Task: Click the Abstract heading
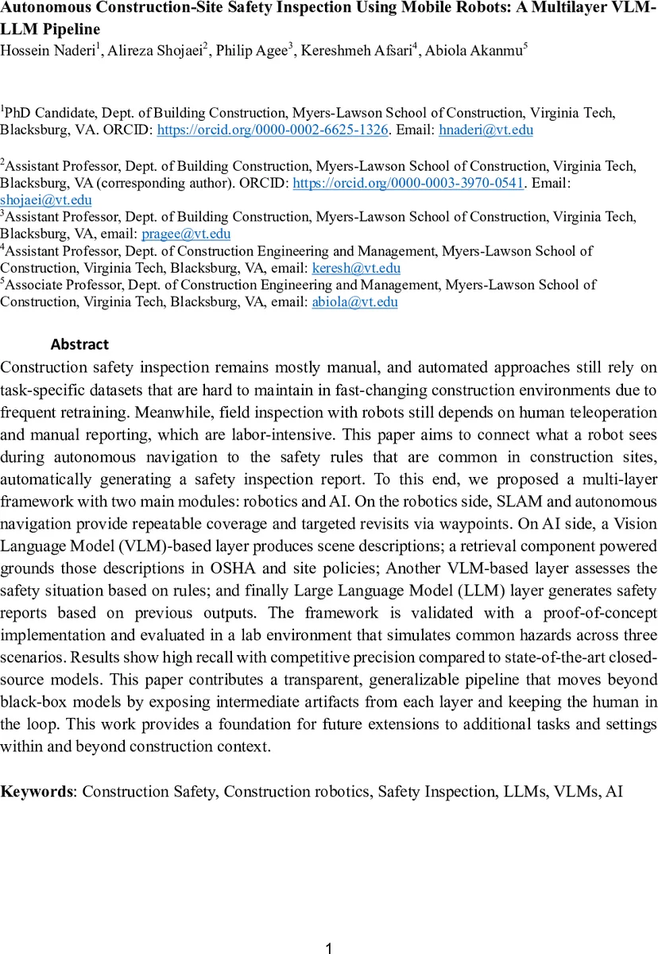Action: [x=79, y=345]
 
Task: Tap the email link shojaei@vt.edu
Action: [x=45, y=200]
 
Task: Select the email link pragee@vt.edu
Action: [x=186, y=234]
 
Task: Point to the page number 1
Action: [x=329, y=948]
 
